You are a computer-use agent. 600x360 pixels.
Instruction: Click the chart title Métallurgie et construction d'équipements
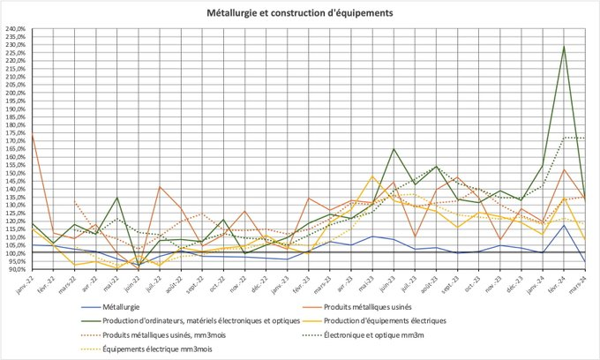click(300, 14)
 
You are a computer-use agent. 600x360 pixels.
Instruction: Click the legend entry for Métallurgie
click(123, 306)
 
